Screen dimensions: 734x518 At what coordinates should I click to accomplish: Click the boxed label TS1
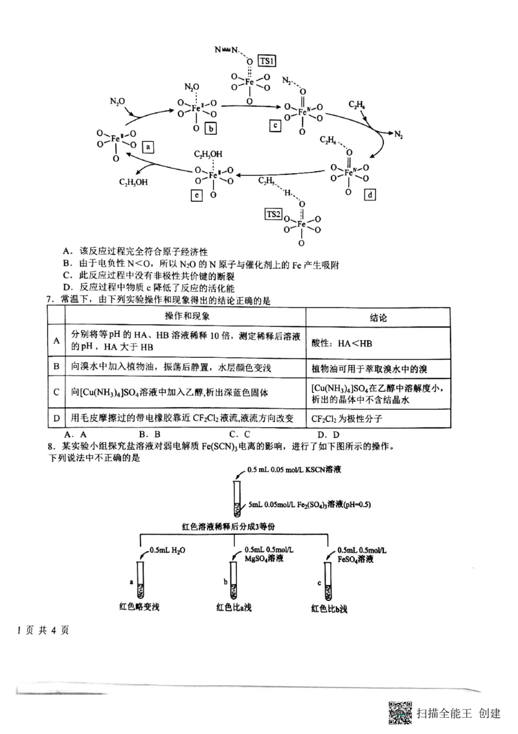[267, 60]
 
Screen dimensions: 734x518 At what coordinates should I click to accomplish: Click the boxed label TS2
[274, 215]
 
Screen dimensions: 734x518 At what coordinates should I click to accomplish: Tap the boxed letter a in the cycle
[148, 147]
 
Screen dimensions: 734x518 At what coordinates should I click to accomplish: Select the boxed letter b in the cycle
[211, 128]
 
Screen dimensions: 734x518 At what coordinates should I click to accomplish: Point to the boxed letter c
[275, 125]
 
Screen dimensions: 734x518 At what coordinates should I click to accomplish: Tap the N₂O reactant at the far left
[118, 102]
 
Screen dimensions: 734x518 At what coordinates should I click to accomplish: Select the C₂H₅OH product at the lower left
[133, 182]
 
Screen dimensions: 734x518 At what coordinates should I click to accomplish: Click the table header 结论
[377, 318]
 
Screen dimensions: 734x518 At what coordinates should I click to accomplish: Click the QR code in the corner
[401, 713]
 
